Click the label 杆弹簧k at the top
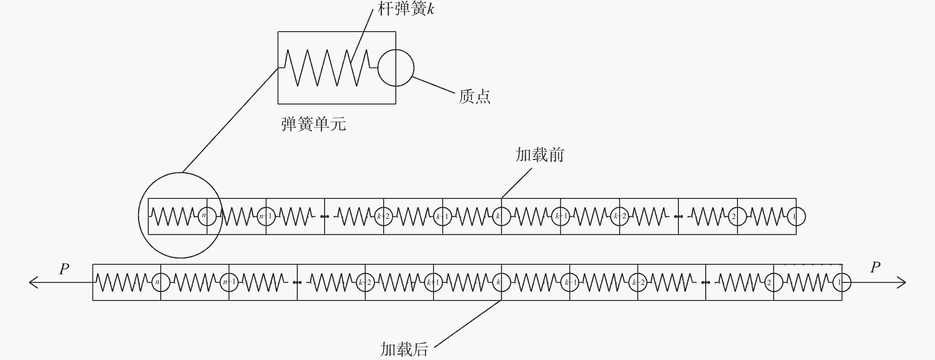(x=406, y=9)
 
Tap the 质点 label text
(x=474, y=97)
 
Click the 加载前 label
(x=540, y=155)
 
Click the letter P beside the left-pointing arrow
(x=64, y=269)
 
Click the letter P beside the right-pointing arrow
(x=875, y=267)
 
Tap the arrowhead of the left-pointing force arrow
(x=33, y=282)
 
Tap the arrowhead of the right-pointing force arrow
(x=902, y=282)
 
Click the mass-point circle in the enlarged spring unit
(x=396, y=68)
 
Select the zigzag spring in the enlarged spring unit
(x=327, y=68)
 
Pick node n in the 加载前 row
(x=207, y=216)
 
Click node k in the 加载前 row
(x=501, y=216)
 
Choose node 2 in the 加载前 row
(x=737, y=216)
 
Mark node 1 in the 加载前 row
(x=796, y=216)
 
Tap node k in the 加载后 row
(x=501, y=282)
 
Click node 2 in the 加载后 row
(x=774, y=282)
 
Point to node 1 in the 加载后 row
(x=842, y=282)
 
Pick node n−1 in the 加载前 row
(x=266, y=216)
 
